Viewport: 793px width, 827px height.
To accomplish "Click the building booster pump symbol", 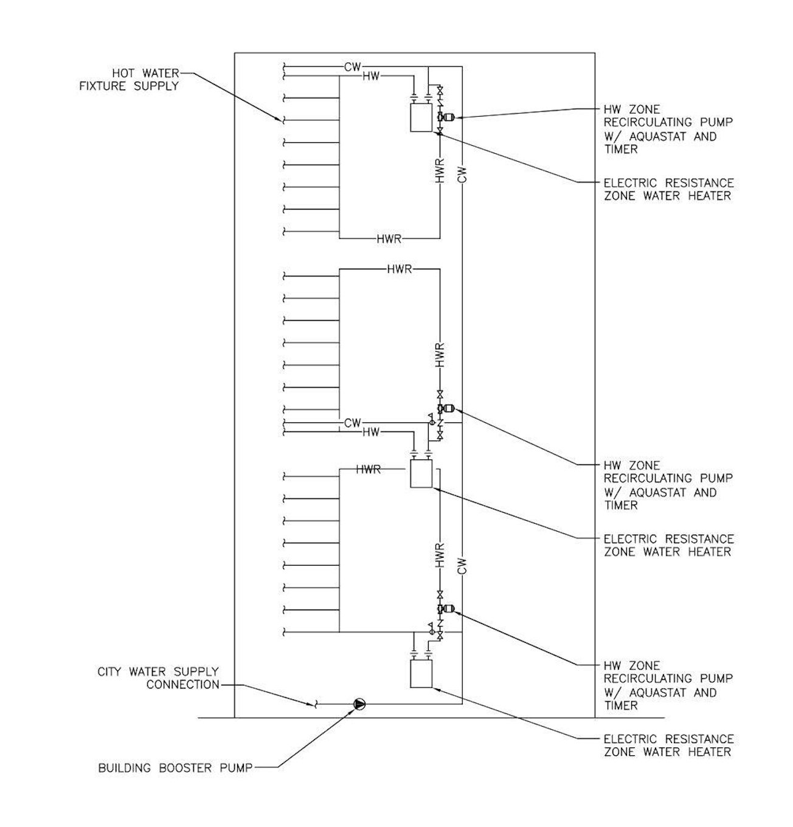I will [x=359, y=704].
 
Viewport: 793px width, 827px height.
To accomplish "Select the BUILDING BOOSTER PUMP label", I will [x=175, y=768].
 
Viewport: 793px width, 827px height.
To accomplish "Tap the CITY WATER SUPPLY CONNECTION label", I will [x=158, y=678].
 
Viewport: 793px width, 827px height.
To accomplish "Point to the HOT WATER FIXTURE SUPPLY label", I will [x=129, y=80].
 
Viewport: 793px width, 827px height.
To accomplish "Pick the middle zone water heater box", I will [x=421, y=473].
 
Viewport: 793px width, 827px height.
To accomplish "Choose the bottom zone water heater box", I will [x=421, y=674].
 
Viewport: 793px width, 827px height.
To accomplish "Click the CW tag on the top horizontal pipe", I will [x=353, y=66].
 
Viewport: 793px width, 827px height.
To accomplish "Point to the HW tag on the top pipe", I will [x=370, y=76].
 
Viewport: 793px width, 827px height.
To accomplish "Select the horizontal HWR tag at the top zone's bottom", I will [x=389, y=239].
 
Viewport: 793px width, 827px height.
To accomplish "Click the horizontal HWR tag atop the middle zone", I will [x=400, y=269].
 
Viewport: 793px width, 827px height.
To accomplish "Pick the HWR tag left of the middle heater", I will [x=369, y=469].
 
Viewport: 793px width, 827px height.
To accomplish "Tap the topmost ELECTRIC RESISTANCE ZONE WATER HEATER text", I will [x=668, y=189].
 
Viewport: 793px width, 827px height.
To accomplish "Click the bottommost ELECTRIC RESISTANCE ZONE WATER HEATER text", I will [x=668, y=746].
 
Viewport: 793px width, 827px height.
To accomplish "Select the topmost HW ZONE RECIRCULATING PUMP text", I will [x=668, y=129].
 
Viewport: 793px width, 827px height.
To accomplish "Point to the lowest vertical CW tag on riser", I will [x=462, y=566].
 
